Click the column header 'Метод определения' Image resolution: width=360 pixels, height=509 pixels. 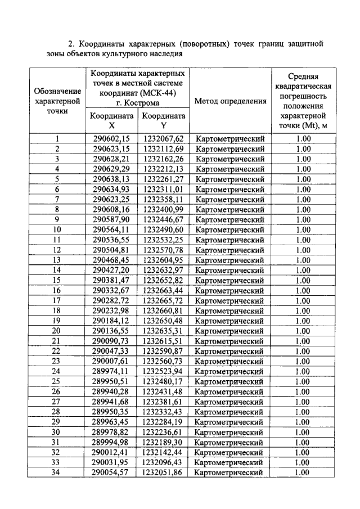[230, 101]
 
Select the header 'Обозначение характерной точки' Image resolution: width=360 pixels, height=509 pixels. [57, 101]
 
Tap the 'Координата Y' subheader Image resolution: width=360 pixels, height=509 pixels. [163, 121]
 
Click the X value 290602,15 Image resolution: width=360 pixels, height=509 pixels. [111, 139]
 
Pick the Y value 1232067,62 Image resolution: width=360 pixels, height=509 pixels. [163, 139]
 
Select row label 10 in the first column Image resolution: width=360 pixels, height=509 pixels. [57, 230]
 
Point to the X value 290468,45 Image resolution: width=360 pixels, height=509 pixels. [111, 260]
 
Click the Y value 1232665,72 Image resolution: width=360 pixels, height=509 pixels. [163, 300]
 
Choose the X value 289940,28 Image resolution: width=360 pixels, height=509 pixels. [111, 391]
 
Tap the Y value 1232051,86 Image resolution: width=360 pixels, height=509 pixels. [163, 472]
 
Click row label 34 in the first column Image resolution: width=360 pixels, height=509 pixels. [57, 472]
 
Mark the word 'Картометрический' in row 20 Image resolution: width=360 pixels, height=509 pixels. [230, 331]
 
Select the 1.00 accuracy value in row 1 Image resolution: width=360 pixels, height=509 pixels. [303, 139]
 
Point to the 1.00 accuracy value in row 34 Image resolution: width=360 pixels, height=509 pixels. [303, 472]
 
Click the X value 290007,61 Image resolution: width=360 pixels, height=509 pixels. [111, 361]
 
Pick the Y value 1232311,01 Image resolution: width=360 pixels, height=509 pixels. [163, 190]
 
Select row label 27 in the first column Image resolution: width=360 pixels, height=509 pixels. [57, 402]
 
